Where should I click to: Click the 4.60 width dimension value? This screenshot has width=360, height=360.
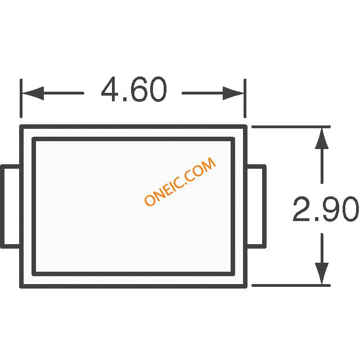point(134,89)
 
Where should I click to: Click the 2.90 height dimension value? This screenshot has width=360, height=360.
point(326,209)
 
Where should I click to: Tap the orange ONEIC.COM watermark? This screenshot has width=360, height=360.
point(180,181)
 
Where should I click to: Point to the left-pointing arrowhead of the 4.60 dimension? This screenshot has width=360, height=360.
point(33,93)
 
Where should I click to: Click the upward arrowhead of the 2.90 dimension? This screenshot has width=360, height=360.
point(322,139)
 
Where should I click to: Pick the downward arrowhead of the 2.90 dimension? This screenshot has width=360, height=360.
point(322,274)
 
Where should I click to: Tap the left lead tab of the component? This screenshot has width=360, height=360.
point(11,206)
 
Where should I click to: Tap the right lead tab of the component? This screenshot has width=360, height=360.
point(256,206)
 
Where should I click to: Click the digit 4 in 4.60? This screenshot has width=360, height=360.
point(110,89)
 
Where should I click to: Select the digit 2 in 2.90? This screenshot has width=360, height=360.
point(301,209)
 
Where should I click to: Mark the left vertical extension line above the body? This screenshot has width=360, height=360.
point(21,98)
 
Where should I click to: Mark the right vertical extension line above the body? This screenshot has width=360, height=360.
point(245,98)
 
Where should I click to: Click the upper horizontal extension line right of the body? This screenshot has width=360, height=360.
point(291,127)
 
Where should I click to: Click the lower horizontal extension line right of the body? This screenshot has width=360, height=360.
point(291,286)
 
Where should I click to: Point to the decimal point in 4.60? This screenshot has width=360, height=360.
point(125,100)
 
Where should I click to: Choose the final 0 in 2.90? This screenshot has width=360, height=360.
point(349,209)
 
